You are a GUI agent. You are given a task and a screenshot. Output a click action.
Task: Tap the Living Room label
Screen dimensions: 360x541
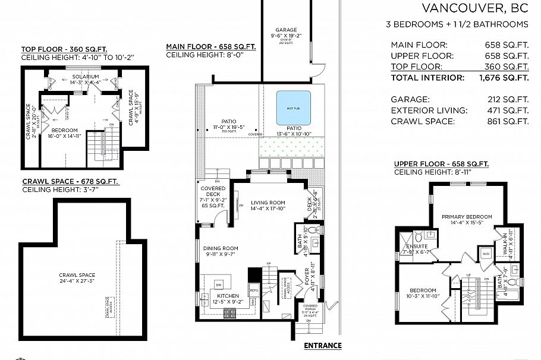pyautogui.click(x=268, y=202)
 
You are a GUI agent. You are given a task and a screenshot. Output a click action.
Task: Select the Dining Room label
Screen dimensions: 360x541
pyautogui.click(x=221, y=248)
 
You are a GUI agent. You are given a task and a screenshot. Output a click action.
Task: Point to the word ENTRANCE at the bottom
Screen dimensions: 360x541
pyautogui.click(x=323, y=346)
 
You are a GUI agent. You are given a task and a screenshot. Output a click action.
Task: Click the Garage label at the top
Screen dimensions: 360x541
pyautogui.click(x=286, y=30)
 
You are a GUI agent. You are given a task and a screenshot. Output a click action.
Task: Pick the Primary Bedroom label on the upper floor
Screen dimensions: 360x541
pyautogui.click(x=467, y=217)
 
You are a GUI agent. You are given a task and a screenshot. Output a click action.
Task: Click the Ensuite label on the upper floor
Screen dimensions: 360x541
pyautogui.click(x=417, y=246)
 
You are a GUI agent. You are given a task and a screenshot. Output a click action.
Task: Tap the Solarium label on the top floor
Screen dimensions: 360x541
pyautogui.click(x=86, y=77)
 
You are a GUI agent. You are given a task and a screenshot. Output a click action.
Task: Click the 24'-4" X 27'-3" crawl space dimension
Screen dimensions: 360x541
pyautogui.click(x=78, y=281)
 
